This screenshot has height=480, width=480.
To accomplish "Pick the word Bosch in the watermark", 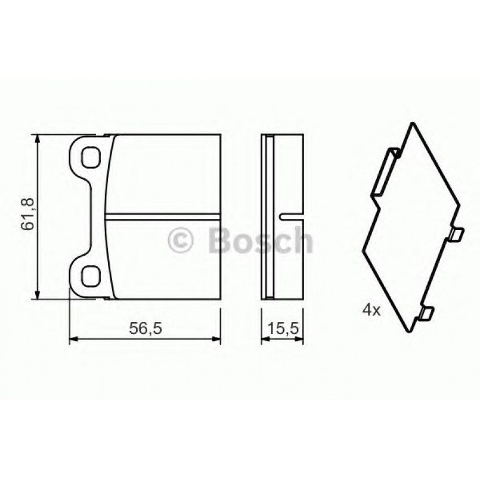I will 260,241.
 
